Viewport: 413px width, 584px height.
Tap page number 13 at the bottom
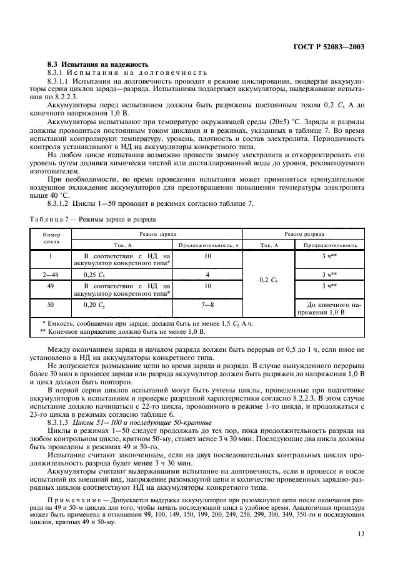click(x=361, y=533)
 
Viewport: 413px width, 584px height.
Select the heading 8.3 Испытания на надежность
click(x=98, y=64)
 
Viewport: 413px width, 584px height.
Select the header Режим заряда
click(x=157, y=234)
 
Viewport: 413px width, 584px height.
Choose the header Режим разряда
click(x=304, y=234)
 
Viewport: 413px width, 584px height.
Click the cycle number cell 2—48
click(x=51, y=274)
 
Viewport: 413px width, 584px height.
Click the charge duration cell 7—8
click(x=207, y=304)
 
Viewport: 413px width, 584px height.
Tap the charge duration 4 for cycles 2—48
click(x=207, y=274)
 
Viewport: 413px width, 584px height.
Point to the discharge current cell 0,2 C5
click(x=269, y=280)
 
